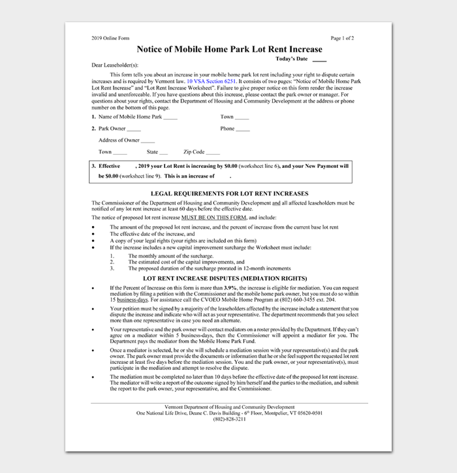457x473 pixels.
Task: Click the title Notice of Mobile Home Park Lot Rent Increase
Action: tap(229, 49)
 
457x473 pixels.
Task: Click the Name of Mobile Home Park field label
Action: tap(130, 117)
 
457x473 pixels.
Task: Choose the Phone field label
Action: tap(227, 129)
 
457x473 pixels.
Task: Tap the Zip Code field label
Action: tap(194, 152)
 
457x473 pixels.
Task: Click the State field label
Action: tap(153, 152)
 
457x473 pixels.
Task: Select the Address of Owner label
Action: tap(119, 140)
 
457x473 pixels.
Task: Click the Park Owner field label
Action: tap(112, 129)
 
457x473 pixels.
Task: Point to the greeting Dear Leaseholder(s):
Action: tap(115, 65)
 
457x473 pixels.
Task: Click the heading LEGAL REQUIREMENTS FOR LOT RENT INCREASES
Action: tap(229, 193)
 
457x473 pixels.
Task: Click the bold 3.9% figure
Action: tap(230, 287)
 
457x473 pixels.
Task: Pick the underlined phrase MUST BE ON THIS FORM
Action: tap(213, 217)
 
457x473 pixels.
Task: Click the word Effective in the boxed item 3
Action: tap(109, 167)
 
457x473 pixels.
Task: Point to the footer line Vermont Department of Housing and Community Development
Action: tap(229, 406)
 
